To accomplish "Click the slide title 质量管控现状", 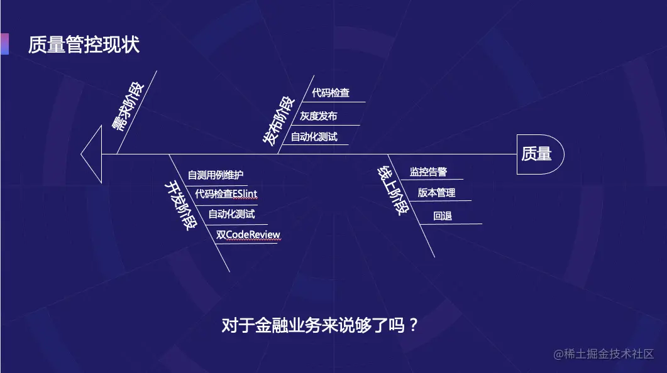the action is [x=84, y=45].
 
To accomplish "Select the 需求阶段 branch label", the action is [x=127, y=105].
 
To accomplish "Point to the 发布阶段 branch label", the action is [x=278, y=121].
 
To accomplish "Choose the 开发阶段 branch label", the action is [x=179, y=205].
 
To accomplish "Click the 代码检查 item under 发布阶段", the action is [x=331, y=93].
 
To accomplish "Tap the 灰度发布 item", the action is [x=318, y=116].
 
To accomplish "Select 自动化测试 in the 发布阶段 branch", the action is [x=314, y=136].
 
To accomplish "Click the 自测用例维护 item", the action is [x=216, y=175].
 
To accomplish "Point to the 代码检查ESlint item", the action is [x=225, y=193].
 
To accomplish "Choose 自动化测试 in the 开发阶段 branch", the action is [x=231, y=214].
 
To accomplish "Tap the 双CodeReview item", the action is [x=248, y=235].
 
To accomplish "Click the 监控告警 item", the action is [x=428, y=171].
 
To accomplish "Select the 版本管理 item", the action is [x=436, y=193].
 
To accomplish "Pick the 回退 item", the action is [x=443, y=216].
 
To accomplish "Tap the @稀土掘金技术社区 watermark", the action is [x=604, y=354].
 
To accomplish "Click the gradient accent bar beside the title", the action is [x=4, y=44].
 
